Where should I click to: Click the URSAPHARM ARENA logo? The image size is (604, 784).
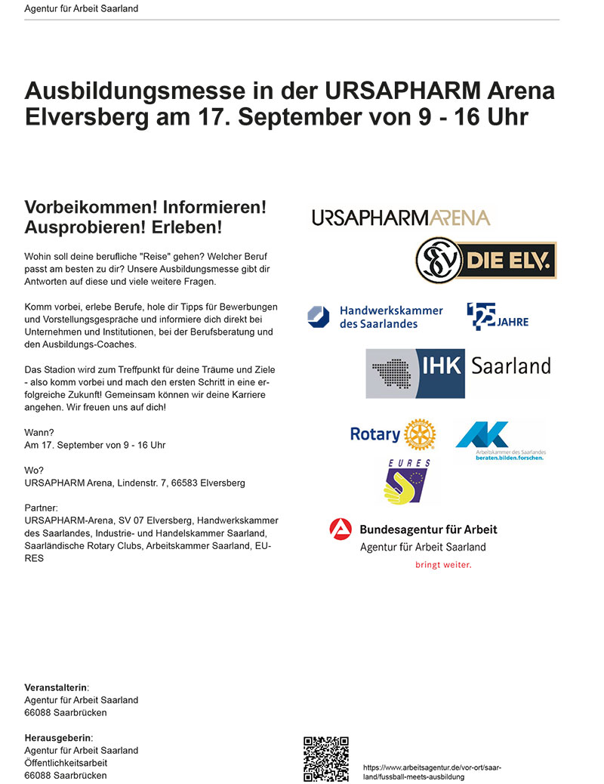401,218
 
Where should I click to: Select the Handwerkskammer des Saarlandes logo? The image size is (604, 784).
375,316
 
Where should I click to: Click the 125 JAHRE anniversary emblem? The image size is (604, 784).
497,316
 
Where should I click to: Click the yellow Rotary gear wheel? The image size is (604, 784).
420,435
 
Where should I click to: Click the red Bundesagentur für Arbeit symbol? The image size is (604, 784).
341,530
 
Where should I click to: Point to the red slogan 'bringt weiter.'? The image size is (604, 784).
443,564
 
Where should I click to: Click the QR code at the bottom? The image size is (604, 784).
325,758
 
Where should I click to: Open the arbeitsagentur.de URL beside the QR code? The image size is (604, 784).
432,772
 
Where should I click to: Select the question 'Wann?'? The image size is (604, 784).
39,433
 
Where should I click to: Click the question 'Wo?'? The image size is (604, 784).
34,470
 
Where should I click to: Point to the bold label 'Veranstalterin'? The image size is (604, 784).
56,687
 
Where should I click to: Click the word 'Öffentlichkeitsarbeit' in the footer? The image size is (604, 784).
67,763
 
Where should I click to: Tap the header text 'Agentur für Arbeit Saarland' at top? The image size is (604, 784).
82,9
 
